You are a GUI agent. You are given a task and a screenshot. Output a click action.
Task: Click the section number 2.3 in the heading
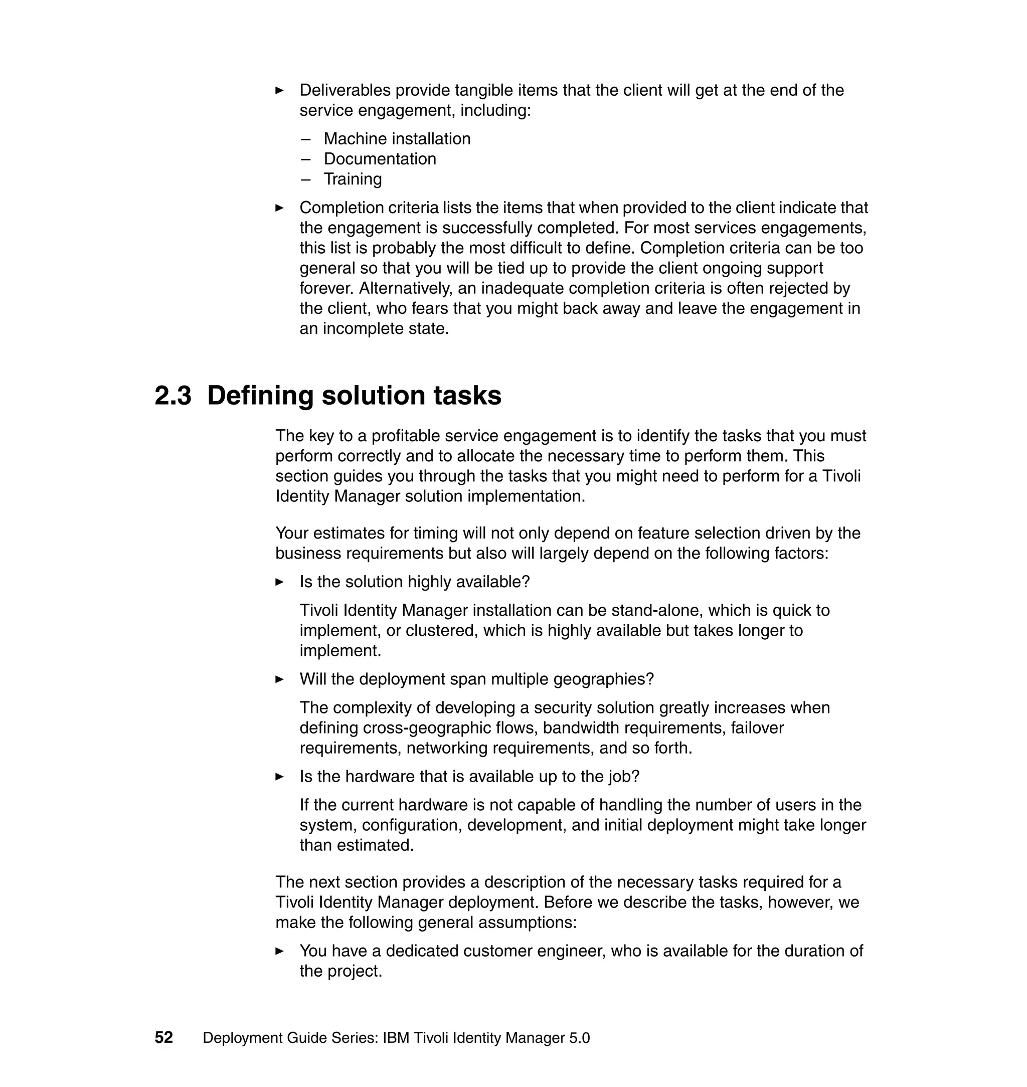[x=173, y=395]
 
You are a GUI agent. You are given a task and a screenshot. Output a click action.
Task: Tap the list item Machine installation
[x=397, y=138]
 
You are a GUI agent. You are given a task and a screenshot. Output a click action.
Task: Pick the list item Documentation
[x=380, y=159]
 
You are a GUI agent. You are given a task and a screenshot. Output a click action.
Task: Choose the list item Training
[x=353, y=179]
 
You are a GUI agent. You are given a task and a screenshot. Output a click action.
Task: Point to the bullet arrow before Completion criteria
[x=279, y=208]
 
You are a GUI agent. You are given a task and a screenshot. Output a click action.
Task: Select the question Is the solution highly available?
[x=414, y=581]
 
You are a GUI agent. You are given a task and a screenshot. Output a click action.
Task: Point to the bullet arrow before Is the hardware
[x=279, y=776]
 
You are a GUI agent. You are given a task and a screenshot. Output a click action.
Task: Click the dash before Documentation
[x=305, y=159]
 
